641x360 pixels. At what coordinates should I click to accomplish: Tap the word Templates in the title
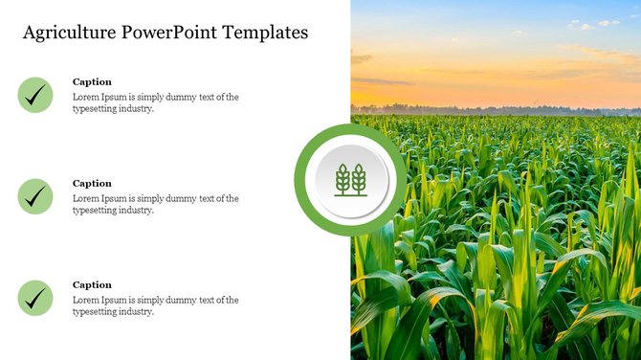pos(265,33)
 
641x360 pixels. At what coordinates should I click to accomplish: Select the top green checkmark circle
pos(35,95)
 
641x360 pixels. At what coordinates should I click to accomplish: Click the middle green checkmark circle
pos(35,196)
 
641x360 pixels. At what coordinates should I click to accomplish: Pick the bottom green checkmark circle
pos(35,298)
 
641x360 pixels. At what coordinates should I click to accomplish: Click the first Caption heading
pos(92,81)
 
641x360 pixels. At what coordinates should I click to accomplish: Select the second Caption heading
pos(92,183)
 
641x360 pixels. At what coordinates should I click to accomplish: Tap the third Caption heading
pos(92,284)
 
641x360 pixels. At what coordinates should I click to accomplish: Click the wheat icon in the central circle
pos(350,179)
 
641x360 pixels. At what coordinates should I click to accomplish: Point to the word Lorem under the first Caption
pos(86,97)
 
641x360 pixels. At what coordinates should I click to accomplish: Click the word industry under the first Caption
pos(136,109)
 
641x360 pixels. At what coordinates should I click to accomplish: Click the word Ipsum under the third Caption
pos(115,300)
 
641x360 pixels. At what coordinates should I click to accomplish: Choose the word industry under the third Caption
pos(136,312)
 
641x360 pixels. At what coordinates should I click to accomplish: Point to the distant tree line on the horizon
pos(497,109)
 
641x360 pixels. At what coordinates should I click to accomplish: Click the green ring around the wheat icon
pos(303,179)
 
